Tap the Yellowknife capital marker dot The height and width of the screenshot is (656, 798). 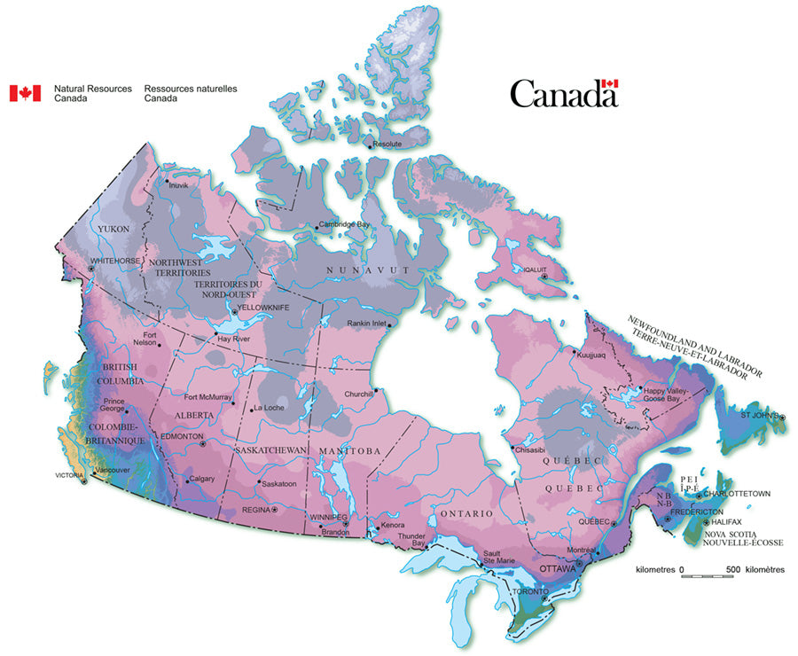[x=231, y=309]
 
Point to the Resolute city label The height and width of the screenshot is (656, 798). [x=387, y=144]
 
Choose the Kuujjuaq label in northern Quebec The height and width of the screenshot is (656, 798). [x=591, y=355]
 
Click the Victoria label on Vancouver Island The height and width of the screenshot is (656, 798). [x=68, y=476]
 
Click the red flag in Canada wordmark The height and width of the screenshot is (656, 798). [x=609, y=83]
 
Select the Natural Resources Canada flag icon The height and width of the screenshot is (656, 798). [x=25, y=93]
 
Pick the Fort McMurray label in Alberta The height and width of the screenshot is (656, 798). [x=207, y=397]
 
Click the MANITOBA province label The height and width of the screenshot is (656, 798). [x=350, y=451]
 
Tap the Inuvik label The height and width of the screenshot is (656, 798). [x=178, y=185]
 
